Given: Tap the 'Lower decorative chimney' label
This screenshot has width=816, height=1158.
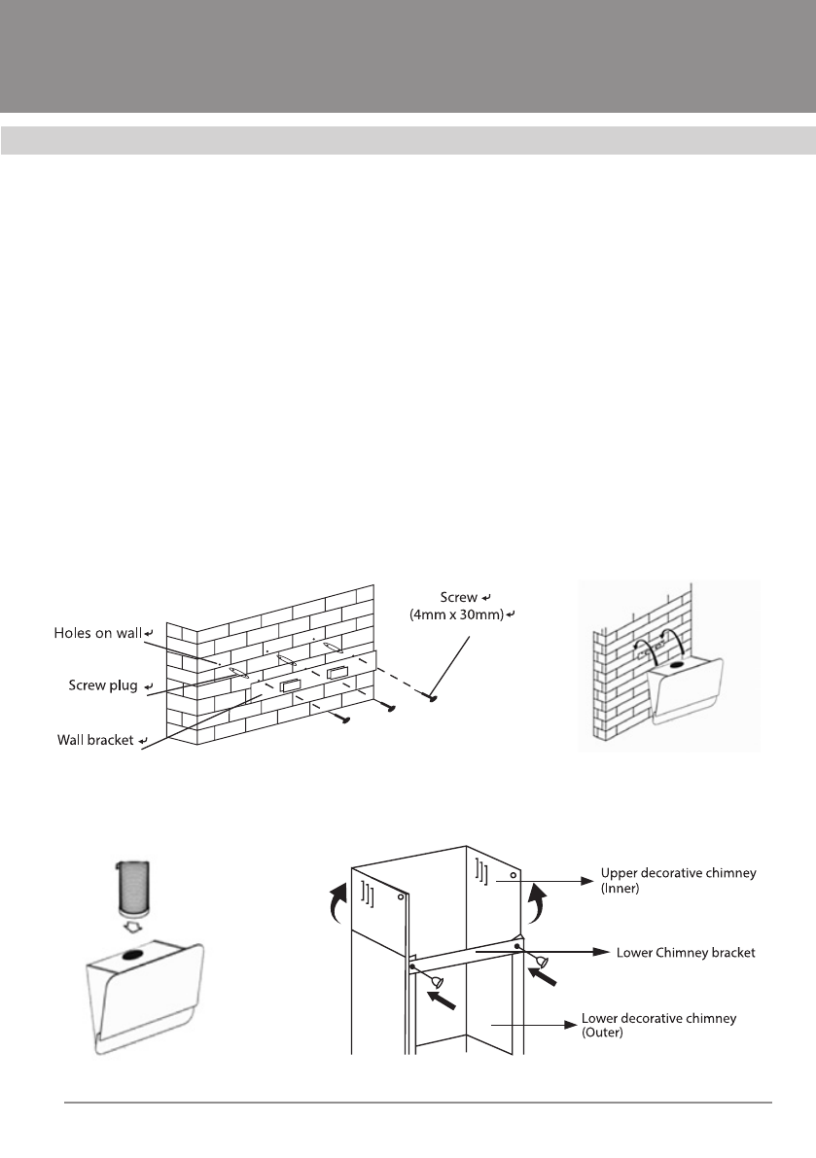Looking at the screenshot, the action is click(656, 1019).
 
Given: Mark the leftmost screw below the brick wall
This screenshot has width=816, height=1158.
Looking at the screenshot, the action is click(343, 719).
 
